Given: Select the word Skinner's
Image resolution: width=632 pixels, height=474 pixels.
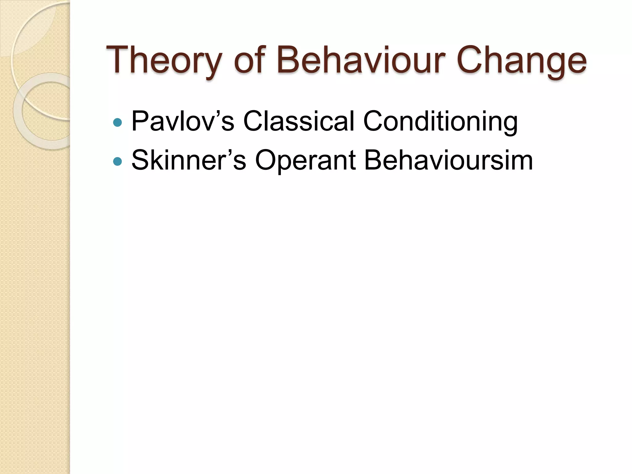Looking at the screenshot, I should click(x=189, y=160).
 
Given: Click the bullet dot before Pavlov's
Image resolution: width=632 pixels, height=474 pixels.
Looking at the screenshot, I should click(x=118, y=123).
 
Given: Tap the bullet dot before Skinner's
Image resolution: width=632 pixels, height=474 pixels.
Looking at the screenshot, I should click(x=118, y=161).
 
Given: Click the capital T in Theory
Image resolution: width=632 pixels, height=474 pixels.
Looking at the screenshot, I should click(x=118, y=59).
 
